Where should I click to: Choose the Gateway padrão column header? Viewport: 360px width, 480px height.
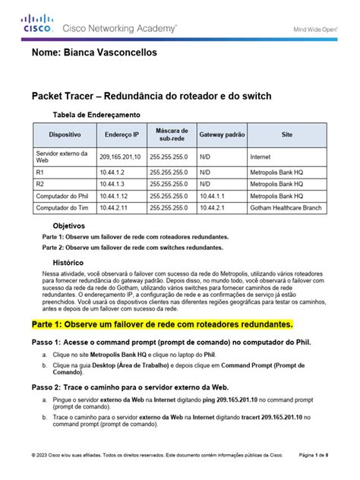221,134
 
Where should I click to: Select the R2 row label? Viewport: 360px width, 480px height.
40,184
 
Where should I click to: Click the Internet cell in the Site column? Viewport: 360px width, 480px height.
260,156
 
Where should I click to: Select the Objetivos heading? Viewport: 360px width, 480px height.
68,226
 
